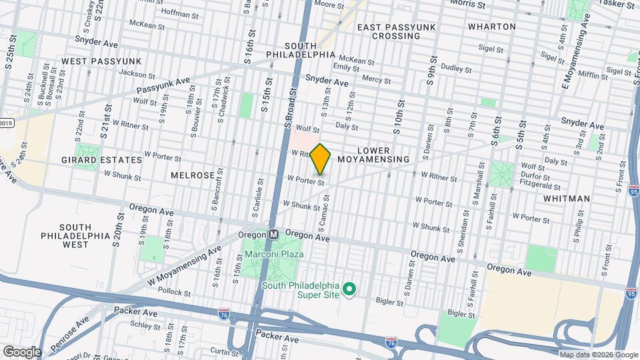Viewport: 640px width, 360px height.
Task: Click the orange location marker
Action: (321, 159)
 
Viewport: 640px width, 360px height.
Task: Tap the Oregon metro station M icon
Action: (273, 235)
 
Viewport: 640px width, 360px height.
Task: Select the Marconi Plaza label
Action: (273, 255)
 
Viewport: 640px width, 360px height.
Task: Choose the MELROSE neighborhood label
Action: (192, 175)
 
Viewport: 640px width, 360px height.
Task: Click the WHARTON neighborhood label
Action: (492, 27)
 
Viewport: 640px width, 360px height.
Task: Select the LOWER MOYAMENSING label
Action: (373, 155)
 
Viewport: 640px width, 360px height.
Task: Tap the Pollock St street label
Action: (175, 293)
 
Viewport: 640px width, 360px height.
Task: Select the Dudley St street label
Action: (456, 68)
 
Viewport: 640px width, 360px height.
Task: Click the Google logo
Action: (21, 352)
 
